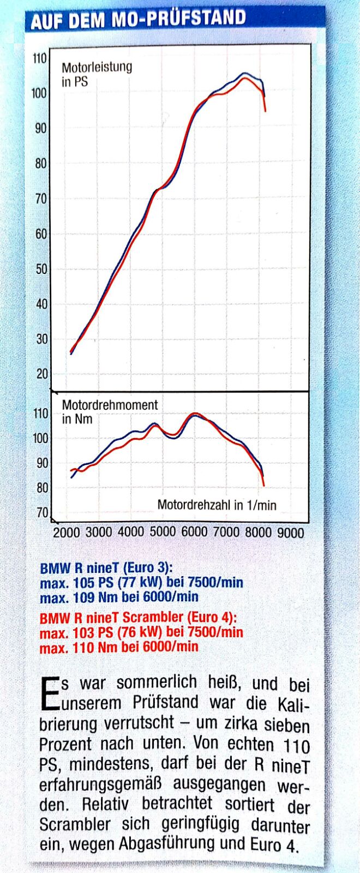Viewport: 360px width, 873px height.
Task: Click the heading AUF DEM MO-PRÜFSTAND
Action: (138, 20)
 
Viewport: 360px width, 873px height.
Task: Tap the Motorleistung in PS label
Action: (97, 75)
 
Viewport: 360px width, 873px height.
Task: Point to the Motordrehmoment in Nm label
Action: (110, 412)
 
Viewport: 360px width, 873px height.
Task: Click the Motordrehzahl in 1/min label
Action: (217, 505)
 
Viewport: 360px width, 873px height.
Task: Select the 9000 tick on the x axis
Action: (290, 533)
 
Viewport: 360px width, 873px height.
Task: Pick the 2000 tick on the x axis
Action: (67, 533)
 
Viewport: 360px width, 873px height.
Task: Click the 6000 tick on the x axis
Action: (194, 532)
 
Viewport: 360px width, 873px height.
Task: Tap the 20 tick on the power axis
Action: (41, 374)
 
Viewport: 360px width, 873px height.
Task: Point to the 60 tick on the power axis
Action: (41, 234)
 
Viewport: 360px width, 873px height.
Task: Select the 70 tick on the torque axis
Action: (42, 513)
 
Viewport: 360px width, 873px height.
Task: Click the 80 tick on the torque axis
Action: (42, 488)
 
